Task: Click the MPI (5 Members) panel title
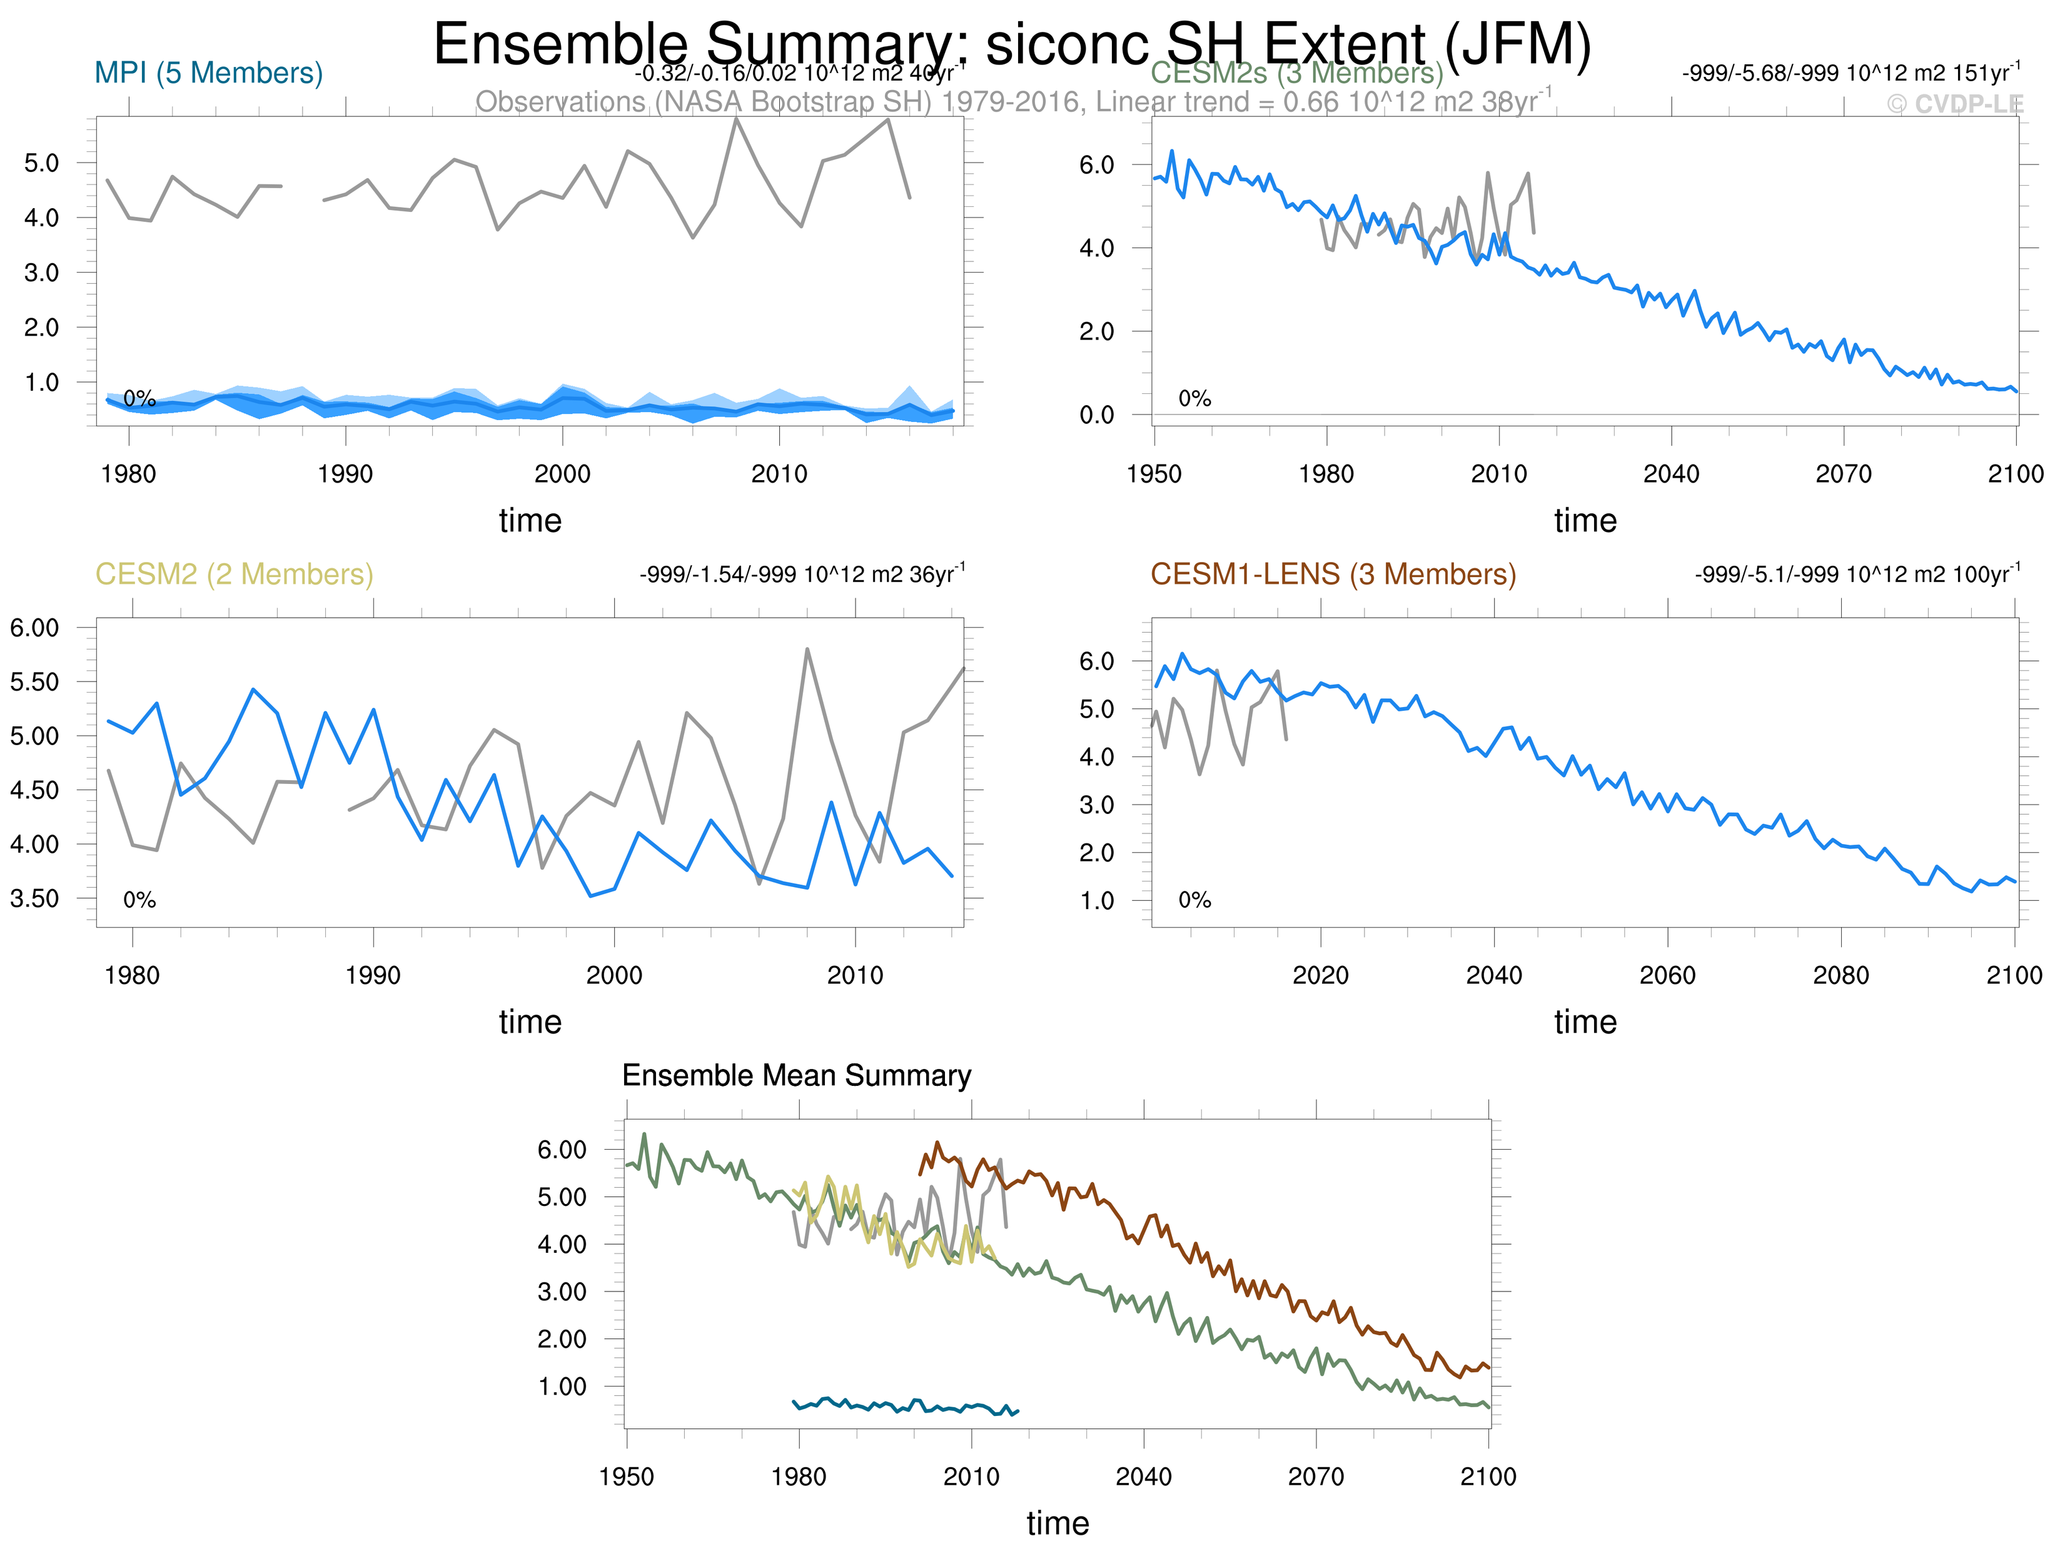pos(208,73)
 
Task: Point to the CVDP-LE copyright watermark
pos(1955,104)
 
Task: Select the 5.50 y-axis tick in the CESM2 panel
pos(34,682)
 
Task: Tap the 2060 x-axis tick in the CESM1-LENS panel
pos(1668,975)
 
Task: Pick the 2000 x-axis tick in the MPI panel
pos(562,474)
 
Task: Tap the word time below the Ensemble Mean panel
pos(1058,1523)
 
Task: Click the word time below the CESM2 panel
pos(530,1022)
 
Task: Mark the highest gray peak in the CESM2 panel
pos(806,650)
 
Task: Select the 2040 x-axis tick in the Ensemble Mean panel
pos(1144,1477)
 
